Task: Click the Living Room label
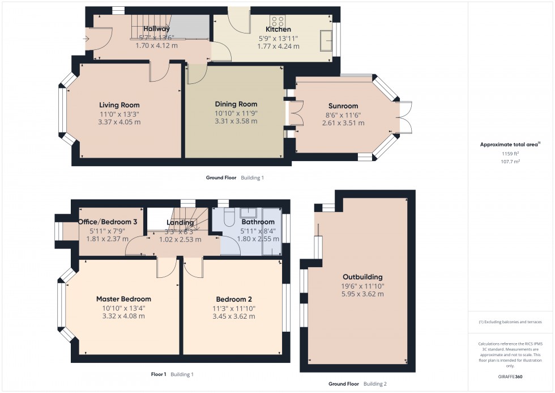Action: click(x=119, y=105)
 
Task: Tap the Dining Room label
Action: click(x=236, y=104)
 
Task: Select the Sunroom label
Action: click(x=343, y=106)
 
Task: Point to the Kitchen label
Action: click(x=278, y=29)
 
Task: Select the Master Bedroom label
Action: click(x=123, y=299)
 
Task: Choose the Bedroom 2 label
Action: click(x=233, y=299)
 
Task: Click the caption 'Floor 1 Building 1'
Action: click(x=173, y=374)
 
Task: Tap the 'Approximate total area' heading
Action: click(x=509, y=145)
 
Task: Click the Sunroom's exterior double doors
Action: click(x=404, y=117)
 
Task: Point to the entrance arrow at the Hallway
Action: click(x=86, y=39)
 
